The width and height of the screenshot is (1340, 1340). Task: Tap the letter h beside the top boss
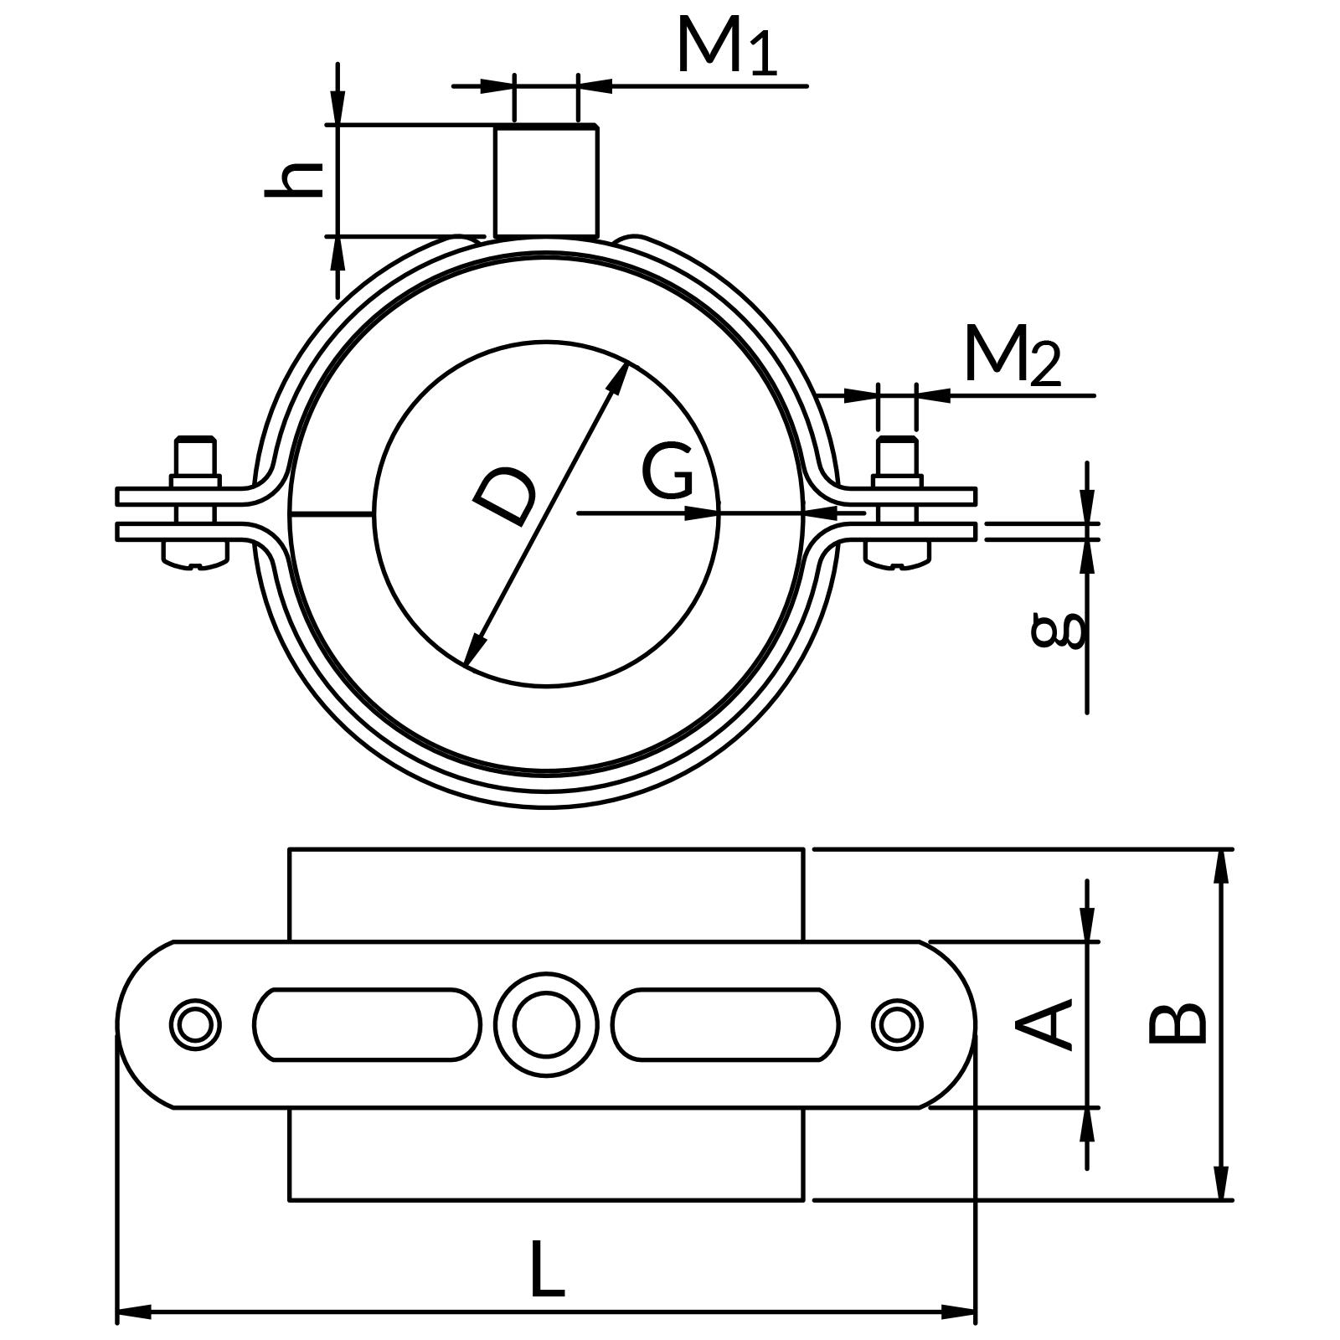point(295,178)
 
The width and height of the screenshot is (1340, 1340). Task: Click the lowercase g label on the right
point(1058,631)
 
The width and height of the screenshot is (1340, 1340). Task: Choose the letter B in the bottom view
point(1177,1023)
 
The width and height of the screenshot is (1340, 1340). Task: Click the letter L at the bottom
point(548,1270)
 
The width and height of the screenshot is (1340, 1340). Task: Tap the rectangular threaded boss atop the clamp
point(546,180)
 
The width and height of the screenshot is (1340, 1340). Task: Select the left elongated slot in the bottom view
point(367,1023)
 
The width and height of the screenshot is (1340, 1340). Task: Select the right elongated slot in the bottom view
point(725,1023)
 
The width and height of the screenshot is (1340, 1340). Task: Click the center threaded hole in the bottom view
point(546,1023)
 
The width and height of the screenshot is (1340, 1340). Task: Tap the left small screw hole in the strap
point(195,1023)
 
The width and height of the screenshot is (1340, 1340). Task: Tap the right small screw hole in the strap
point(897,1023)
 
